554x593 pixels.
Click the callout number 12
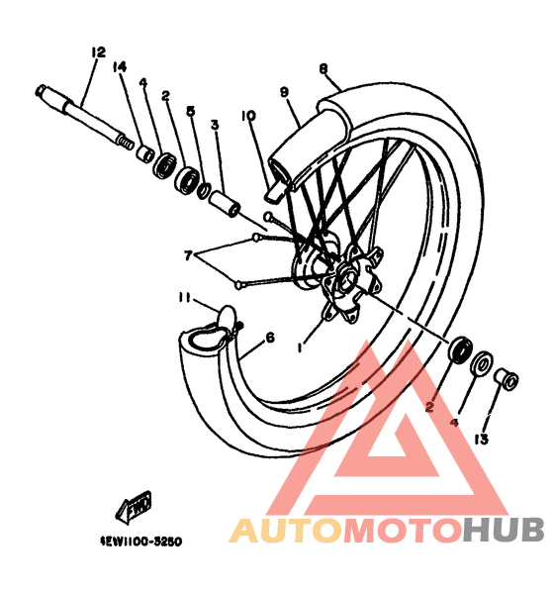coord(98,52)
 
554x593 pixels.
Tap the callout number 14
coord(119,67)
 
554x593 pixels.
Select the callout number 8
coord(323,69)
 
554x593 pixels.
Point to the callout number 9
coord(284,92)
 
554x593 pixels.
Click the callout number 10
coord(248,116)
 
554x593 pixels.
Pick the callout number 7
coord(189,255)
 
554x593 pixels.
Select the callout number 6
coord(270,338)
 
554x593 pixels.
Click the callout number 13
coord(482,440)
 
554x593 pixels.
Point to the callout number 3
coord(215,125)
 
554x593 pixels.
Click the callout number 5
coord(191,111)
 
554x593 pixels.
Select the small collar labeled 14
coord(144,154)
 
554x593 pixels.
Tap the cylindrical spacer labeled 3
coord(225,204)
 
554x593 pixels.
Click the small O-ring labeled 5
coord(204,191)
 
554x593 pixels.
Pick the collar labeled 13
coord(506,380)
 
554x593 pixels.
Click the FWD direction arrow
coord(134,507)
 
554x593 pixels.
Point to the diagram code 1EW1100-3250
coord(140,542)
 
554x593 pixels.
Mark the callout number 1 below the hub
coord(300,346)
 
